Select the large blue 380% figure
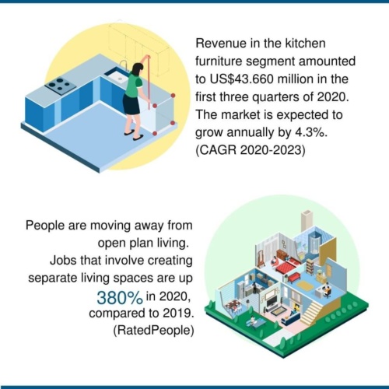pyautogui.click(x=120, y=298)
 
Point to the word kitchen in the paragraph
pyautogui.click(x=305, y=43)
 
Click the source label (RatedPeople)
pyautogui.click(x=153, y=331)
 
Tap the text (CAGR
pyautogui.click(x=216, y=150)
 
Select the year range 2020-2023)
pyautogui.click(x=272, y=150)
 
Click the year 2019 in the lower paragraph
pyautogui.click(x=178, y=313)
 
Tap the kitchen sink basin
pyautogui.click(x=117, y=75)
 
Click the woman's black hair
pyautogui.click(x=138, y=69)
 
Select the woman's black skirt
pyautogui.click(x=131, y=103)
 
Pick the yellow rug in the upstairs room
pyautogui.click(x=305, y=286)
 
